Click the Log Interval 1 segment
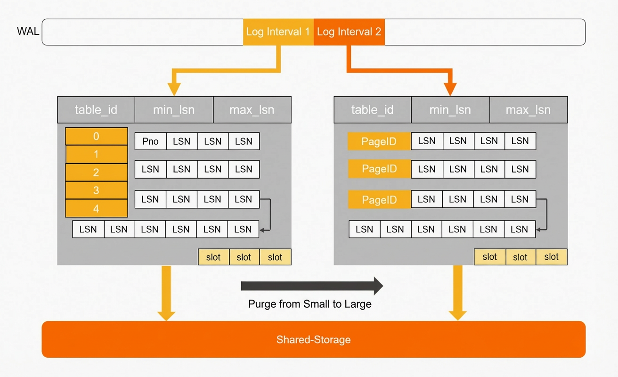pyautogui.click(x=278, y=32)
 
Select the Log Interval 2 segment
pyautogui.click(x=350, y=32)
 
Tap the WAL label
pyautogui.click(x=28, y=31)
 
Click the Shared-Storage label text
pyautogui.click(x=313, y=339)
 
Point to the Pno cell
pyautogui.click(x=151, y=141)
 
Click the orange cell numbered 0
pyautogui.click(x=96, y=136)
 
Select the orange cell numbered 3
pyautogui.click(x=96, y=190)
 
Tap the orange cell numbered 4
pyautogui.click(x=96, y=208)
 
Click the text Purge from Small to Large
pyautogui.click(x=309, y=304)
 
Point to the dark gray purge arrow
pyautogui.click(x=312, y=286)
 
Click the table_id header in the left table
pyautogui.click(x=96, y=110)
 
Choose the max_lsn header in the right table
pyautogui.click(x=529, y=110)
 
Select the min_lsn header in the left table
pyautogui.click(x=174, y=110)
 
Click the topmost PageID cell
pyautogui.click(x=379, y=141)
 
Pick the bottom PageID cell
pyautogui.click(x=379, y=199)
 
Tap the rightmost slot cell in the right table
pyautogui.click(x=551, y=257)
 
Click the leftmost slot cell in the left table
pyautogui.click(x=213, y=257)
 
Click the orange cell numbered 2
pyautogui.click(x=96, y=172)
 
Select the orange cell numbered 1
pyautogui.click(x=96, y=154)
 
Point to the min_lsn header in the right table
pyautogui.click(x=450, y=110)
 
